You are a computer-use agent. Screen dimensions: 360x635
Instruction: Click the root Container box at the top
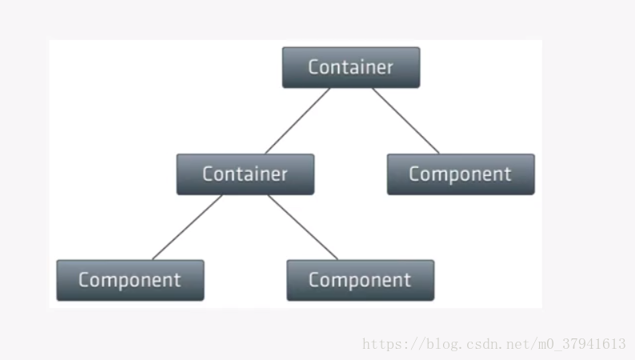click(350, 67)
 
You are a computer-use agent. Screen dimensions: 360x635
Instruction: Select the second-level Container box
click(245, 174)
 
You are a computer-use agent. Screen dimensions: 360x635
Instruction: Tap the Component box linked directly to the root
click(460, 174)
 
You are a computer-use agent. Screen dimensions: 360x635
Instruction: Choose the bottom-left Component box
click(130, 280)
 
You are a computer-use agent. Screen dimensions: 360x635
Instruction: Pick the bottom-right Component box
click(360, 280)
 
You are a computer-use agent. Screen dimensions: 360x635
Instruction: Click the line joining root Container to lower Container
click(297, 121)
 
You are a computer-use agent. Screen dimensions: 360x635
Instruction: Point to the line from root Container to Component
click(405, 121)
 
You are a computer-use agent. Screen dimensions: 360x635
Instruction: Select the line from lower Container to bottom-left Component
click(187, 227)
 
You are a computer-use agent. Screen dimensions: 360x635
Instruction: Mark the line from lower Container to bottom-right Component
click(302, 227)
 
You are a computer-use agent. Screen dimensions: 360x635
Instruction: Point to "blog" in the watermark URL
click(441, 345)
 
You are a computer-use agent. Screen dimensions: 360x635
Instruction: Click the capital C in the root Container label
click(314, 67)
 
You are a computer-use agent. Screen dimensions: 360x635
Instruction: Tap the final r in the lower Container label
click(284, 174)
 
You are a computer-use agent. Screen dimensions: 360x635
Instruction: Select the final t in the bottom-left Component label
click(178, 280)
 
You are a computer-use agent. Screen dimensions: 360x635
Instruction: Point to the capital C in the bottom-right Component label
click(314, 280)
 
